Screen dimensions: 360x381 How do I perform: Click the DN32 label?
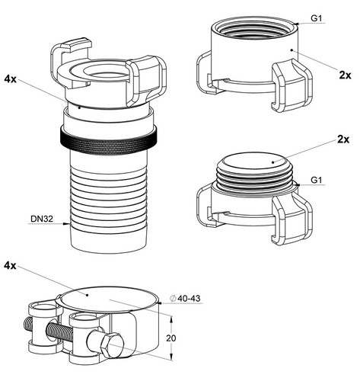pos(42,219)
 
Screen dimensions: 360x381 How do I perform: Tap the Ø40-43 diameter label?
pos(186,298)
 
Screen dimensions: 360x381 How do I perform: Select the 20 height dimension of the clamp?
pos(171,338)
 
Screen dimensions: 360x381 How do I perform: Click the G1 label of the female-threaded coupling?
pos(317,18)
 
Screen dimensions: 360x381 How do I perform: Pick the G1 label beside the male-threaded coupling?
pos(317,180)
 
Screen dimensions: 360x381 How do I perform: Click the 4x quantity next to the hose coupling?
pos(10,79)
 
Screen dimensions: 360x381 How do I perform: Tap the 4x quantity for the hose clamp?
pos(10,266)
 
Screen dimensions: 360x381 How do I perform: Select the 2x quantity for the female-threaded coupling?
pos(345,75)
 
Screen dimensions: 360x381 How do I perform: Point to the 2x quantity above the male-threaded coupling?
pos(343,139)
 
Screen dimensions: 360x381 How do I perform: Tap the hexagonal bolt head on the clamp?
pos(111,346)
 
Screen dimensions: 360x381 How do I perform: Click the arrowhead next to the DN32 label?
pos(66,223)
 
